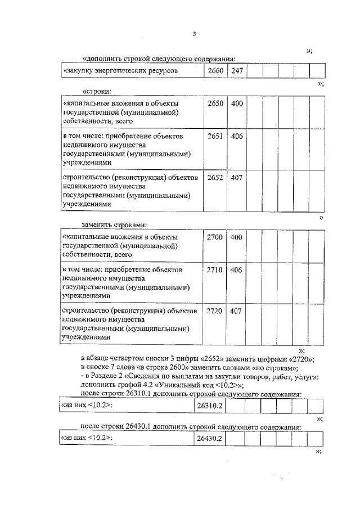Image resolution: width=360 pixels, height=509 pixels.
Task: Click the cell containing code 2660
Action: tap(216, 71)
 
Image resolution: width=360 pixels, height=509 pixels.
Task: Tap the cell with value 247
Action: tap(237, 71)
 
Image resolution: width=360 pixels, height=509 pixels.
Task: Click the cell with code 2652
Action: tap(215, 177)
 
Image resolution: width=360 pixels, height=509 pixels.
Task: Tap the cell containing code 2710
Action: tap(215, 270)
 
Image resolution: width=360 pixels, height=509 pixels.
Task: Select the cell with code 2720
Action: tap(215, 310)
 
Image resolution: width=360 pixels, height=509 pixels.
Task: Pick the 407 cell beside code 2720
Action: tap(237, 310)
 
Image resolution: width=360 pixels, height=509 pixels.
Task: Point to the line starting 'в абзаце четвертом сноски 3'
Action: tap(197, 359)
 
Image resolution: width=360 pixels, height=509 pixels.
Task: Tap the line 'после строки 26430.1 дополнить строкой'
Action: tap(191, 426)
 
